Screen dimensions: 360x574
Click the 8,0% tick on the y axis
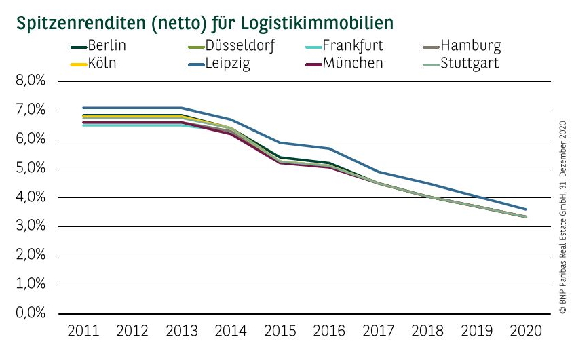pyautogui.click(x=29, y=82)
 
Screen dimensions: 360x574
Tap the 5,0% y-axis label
pyautogui.click(x=29, y=169)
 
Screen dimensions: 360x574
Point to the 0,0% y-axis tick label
pyautogui.click(x=29, y=314)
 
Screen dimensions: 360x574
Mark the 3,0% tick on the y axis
pyautogui.click(x=29, y=227)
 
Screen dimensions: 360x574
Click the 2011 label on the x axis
pyautogui.click(x=83, y=332)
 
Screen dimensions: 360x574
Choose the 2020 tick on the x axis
pyautogui.click(x=526, y=332)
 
